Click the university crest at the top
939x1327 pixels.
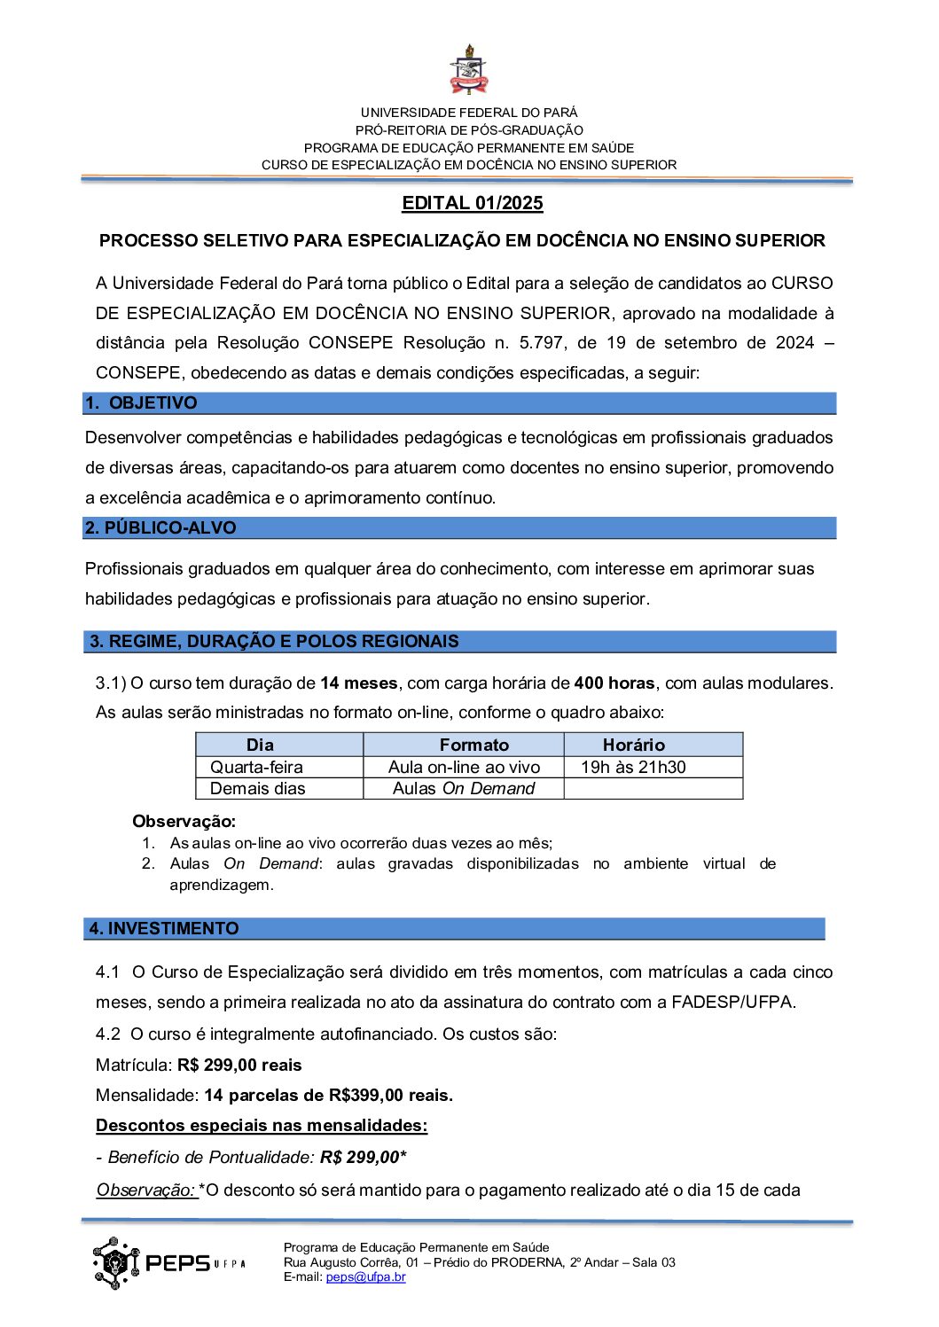469,72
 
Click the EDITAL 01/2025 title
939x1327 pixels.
472,203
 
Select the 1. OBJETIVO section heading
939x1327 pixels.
141,403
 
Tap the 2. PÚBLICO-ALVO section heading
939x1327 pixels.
160,528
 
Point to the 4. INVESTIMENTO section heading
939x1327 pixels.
164,929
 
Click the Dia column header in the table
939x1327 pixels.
260,745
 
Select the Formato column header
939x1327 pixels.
474,745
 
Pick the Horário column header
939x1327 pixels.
633,745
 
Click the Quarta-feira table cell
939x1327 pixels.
256,768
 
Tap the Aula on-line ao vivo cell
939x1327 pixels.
464,768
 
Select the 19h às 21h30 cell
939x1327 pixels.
633,768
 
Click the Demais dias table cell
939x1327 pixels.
257,789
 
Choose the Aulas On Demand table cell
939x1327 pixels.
464,789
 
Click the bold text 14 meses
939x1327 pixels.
359,683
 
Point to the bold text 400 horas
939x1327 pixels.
614,683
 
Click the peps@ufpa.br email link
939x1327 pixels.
365,1277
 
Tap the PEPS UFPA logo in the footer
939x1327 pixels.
168,1263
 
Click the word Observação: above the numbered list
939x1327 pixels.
184,822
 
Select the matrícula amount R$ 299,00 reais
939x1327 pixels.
239,1066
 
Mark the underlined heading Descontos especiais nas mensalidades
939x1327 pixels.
262,1126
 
